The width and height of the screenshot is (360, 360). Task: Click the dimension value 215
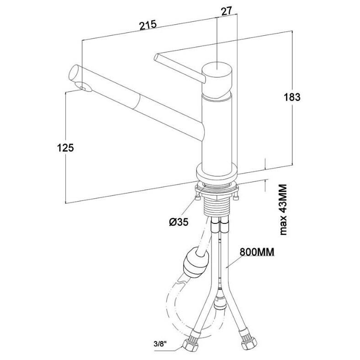148,25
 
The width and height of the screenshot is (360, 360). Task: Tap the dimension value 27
226,11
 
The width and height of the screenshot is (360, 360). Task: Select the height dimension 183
292,97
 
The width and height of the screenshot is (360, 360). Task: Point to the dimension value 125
65,148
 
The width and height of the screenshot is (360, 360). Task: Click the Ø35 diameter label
179,222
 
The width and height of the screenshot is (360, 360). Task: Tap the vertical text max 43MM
283,209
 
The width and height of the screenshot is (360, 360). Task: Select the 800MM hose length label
257,252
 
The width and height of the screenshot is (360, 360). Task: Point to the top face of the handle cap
217,68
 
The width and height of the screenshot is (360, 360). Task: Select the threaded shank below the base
217,206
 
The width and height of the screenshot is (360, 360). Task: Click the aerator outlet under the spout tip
85,87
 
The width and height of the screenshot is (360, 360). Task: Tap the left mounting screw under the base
197,197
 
